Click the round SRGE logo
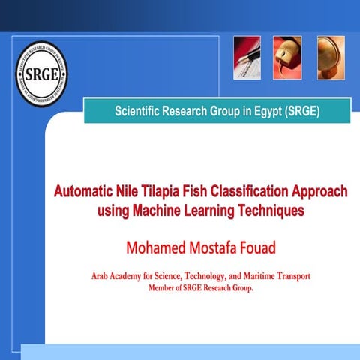(x=41, y=75)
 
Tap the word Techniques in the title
(x=269, y=211)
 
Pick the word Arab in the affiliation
(x=103, y=276)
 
